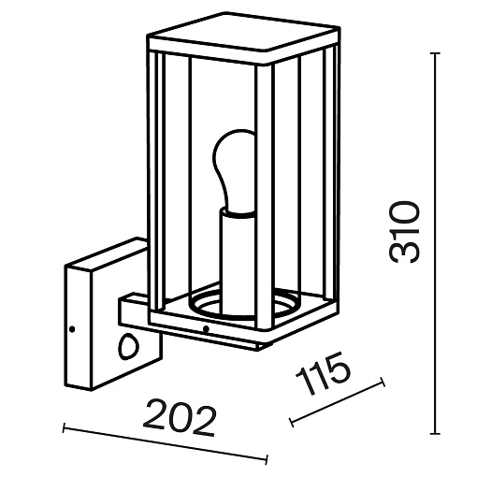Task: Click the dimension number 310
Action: point(405,232)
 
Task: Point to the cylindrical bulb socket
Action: point(238,262)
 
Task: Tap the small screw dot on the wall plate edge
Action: point(72,329)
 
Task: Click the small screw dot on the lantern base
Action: point(205,328)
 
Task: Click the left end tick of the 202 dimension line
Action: point(64,427)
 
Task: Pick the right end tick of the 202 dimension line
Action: point(267,459)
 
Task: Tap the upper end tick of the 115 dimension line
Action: point(383,382)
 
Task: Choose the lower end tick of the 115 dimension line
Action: point(292,422)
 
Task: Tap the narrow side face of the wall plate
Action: point(78,327)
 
